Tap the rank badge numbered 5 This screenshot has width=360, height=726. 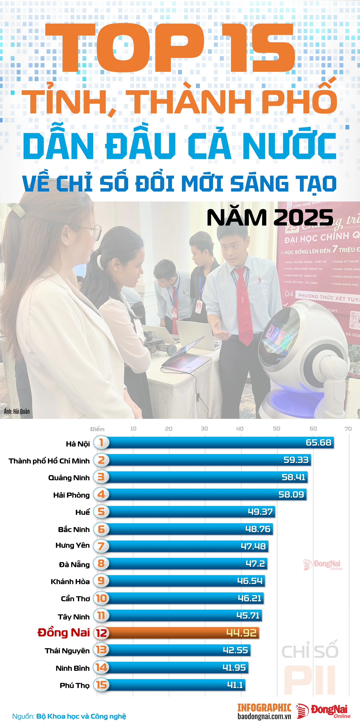pyautogui.click(x=101, y=512)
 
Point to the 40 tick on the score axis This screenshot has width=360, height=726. pyautogui.click(x=240, y=429)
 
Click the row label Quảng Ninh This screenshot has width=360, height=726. pyautogui.click(x=69, y=478)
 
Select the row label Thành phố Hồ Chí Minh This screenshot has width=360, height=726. pyautogui.click(x=49, y=461)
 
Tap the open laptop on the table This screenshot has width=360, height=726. pyautogui.click(x=187, y=355)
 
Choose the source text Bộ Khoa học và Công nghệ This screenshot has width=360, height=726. pyautogui.click(x=81, y=716)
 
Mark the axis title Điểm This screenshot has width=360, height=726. pyautogui.click(x=97, y=429)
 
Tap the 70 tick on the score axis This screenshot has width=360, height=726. pyautogui.click(x=348, y=429)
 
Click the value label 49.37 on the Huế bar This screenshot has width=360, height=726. pyautogui.click(x=260, y=512)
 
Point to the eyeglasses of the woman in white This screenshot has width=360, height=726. pyautogui.click(x=94, y=232)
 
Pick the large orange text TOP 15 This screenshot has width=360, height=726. pyautogui.click(x=170, y=48)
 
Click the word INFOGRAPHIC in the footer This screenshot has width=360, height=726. pyautogui.click(x=264, y=708)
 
